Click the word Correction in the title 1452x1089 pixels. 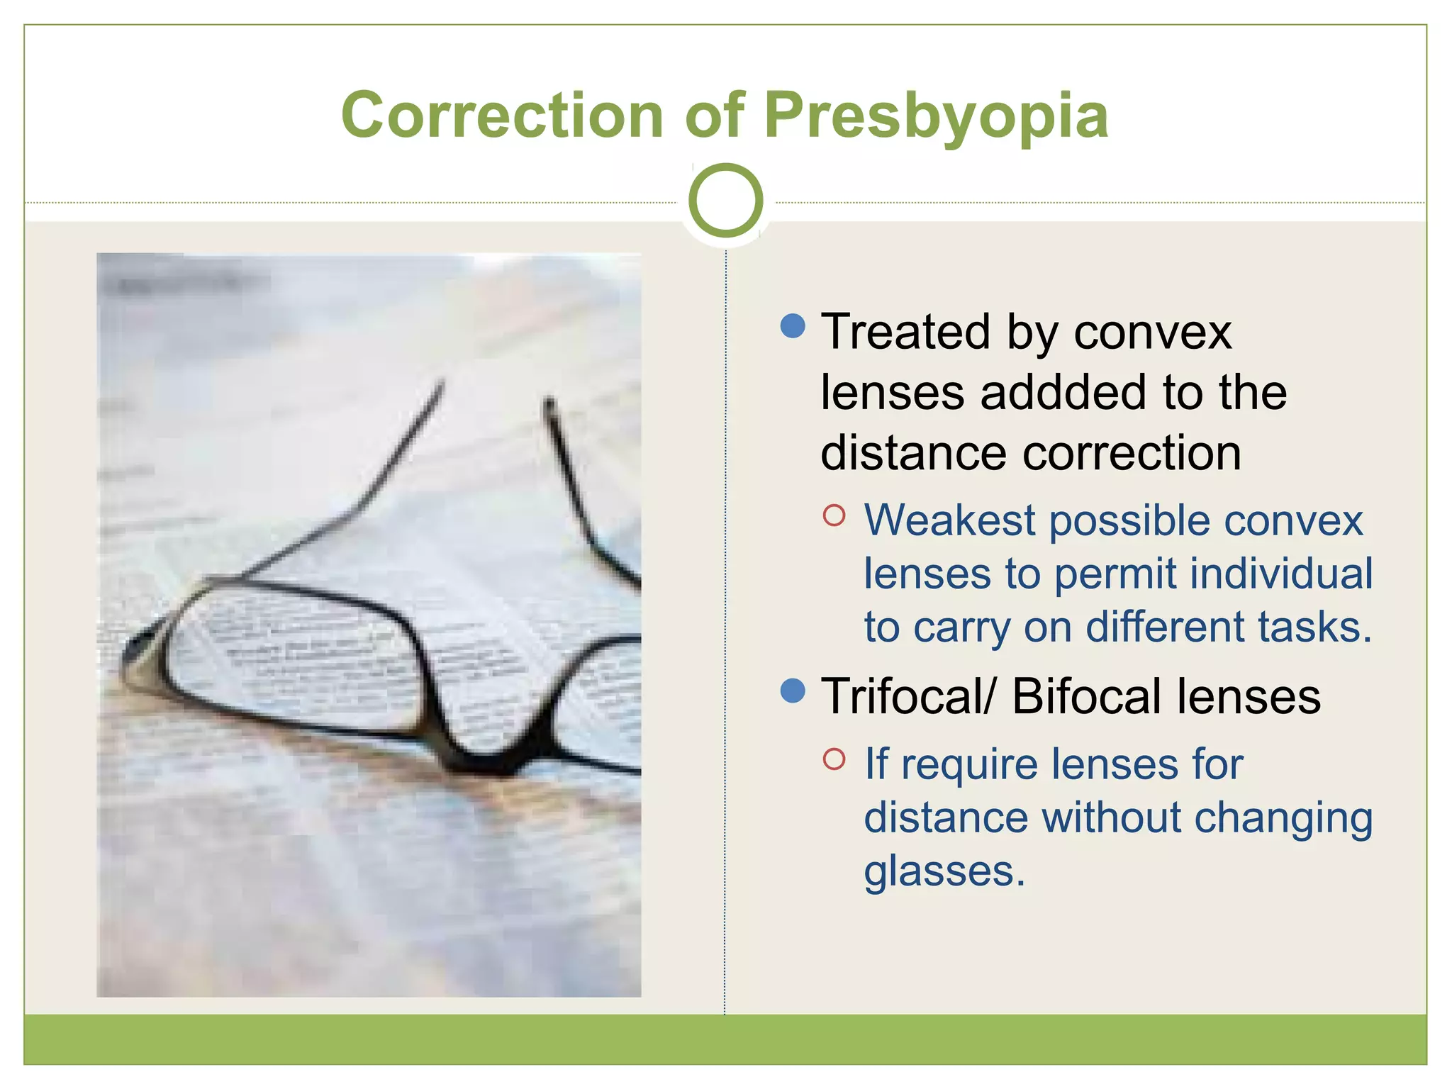(x=502, y=116)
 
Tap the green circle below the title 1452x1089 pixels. (x=725, y=201)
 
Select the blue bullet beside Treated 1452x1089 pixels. (x=792, y=325)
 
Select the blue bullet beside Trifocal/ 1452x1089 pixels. (x=792, y=690)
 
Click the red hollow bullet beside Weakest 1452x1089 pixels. (x=834, y=515)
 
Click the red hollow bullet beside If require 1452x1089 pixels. (x=834, y=759)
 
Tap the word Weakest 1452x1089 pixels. (x=950, y=520)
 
